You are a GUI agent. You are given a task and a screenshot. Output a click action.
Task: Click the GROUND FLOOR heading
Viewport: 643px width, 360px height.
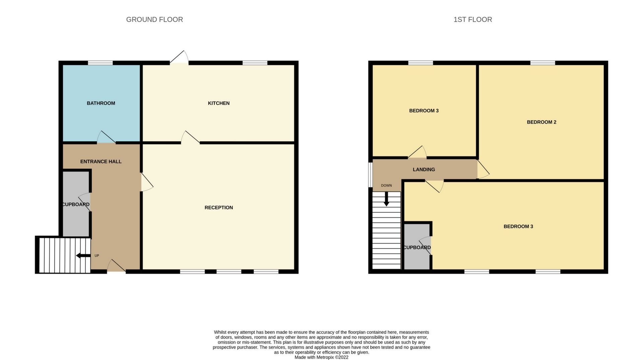point(154,19)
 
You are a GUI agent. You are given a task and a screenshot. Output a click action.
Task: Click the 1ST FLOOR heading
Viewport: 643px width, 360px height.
point(473,19)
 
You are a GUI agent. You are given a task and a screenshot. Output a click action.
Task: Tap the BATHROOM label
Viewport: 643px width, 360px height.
point(101,103)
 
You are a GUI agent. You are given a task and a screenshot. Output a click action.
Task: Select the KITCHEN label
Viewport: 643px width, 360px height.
point(219,103)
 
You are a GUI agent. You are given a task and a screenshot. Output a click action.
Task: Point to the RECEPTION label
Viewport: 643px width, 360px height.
point(219,208)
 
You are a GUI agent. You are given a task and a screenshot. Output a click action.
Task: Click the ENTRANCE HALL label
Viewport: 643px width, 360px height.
point(101,161)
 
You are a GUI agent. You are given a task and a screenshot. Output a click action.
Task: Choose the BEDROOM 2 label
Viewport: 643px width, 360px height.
point(541,122)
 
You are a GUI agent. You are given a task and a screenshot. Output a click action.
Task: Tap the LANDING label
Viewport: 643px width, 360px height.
point(424,169)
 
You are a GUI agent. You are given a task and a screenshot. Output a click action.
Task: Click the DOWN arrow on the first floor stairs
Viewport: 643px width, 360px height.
point(386,199)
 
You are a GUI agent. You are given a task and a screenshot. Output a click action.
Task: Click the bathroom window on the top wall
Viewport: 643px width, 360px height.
point(100,63)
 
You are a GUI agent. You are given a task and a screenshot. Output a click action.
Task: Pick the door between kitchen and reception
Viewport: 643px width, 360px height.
point(190,138)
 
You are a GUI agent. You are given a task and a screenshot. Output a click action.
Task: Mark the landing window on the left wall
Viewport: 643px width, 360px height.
point(370,174)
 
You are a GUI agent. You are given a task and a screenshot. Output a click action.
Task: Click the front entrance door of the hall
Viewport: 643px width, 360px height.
point(116,267)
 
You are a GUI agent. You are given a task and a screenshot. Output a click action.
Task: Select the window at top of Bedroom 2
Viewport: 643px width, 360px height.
point(543,63)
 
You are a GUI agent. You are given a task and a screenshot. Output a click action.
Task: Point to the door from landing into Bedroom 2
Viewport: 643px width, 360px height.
point(483,169)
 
